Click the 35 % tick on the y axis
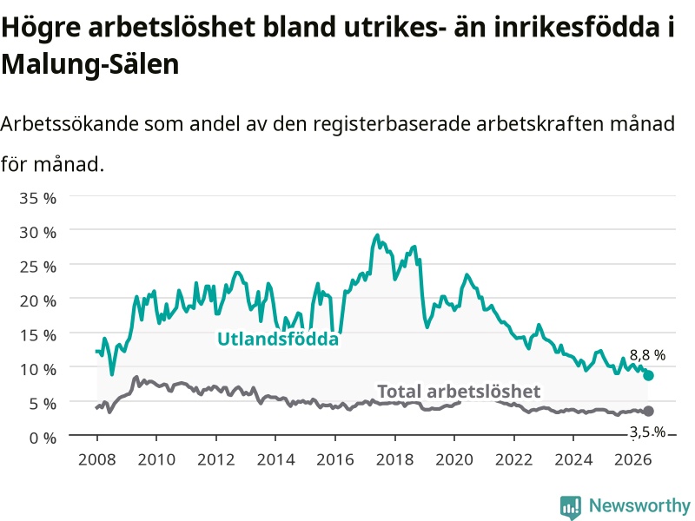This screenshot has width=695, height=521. pos(37,198)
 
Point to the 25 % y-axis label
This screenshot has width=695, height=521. pos(37,267)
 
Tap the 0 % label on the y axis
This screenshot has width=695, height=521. pos(43,439)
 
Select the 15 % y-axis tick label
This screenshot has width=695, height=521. pos(37,335)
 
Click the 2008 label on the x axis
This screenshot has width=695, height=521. pos(97,459)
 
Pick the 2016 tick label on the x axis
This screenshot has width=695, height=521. pos(335,459)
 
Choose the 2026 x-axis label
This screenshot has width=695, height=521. pos(633,459)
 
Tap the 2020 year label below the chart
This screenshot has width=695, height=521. pos(454,459)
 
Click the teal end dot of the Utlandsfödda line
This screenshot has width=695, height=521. pos(648,376)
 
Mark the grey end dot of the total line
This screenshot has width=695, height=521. pos(648,411)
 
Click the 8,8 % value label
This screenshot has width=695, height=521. pos(647,355)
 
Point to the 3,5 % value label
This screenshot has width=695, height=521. pos(647,432)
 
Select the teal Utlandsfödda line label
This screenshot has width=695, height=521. pos(278,339)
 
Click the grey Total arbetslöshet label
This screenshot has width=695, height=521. pos(459,392)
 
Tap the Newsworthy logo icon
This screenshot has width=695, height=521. pos(571,506)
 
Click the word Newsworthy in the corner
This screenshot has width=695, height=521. pos(639,505)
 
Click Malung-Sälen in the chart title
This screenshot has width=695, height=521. pos(90,64)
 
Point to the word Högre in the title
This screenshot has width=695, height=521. pos(41,28)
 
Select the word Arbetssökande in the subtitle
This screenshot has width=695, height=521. pos(69,123)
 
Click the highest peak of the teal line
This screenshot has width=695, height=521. pos(377,234)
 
